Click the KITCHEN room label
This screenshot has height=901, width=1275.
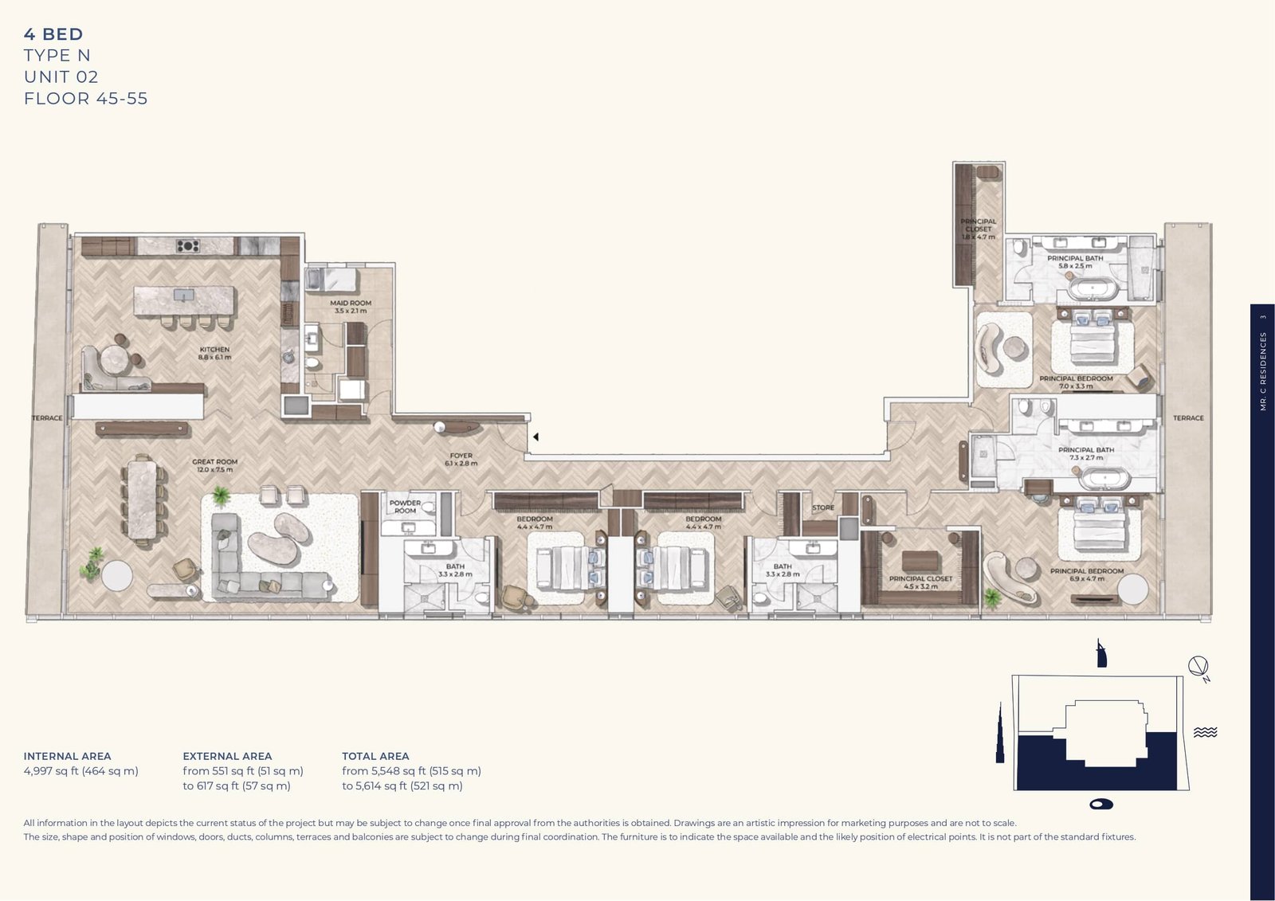click(214, 353)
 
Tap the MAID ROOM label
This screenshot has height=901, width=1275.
click(351, 307)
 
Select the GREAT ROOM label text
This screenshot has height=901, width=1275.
click(214, 465)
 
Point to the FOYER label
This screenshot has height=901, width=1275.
click(461, 459)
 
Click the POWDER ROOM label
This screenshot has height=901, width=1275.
click(405, 507)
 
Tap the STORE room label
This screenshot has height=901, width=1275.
click(823, 507)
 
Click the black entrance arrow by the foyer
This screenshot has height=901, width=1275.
click(536, 437)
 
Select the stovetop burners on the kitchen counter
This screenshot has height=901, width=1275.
click(188, 245)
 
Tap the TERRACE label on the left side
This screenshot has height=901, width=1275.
click(47, 418)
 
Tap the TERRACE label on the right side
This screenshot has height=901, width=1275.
click(1188, 418)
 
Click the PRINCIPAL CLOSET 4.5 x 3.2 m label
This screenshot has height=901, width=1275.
click(920, 582)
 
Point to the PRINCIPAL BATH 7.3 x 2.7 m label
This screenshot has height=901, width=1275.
click(1086, 453)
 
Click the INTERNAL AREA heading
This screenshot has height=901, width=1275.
click(67, 756)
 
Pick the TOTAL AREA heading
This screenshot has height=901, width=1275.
click(375, 756)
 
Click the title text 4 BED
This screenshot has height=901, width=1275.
click(53, 34)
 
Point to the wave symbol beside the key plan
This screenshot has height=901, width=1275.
click(1205, 732)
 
